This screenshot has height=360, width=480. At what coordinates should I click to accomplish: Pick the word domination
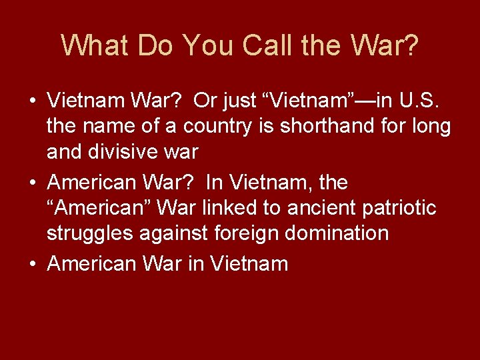pos(343,233)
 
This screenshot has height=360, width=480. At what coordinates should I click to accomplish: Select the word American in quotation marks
pos(101,208)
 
